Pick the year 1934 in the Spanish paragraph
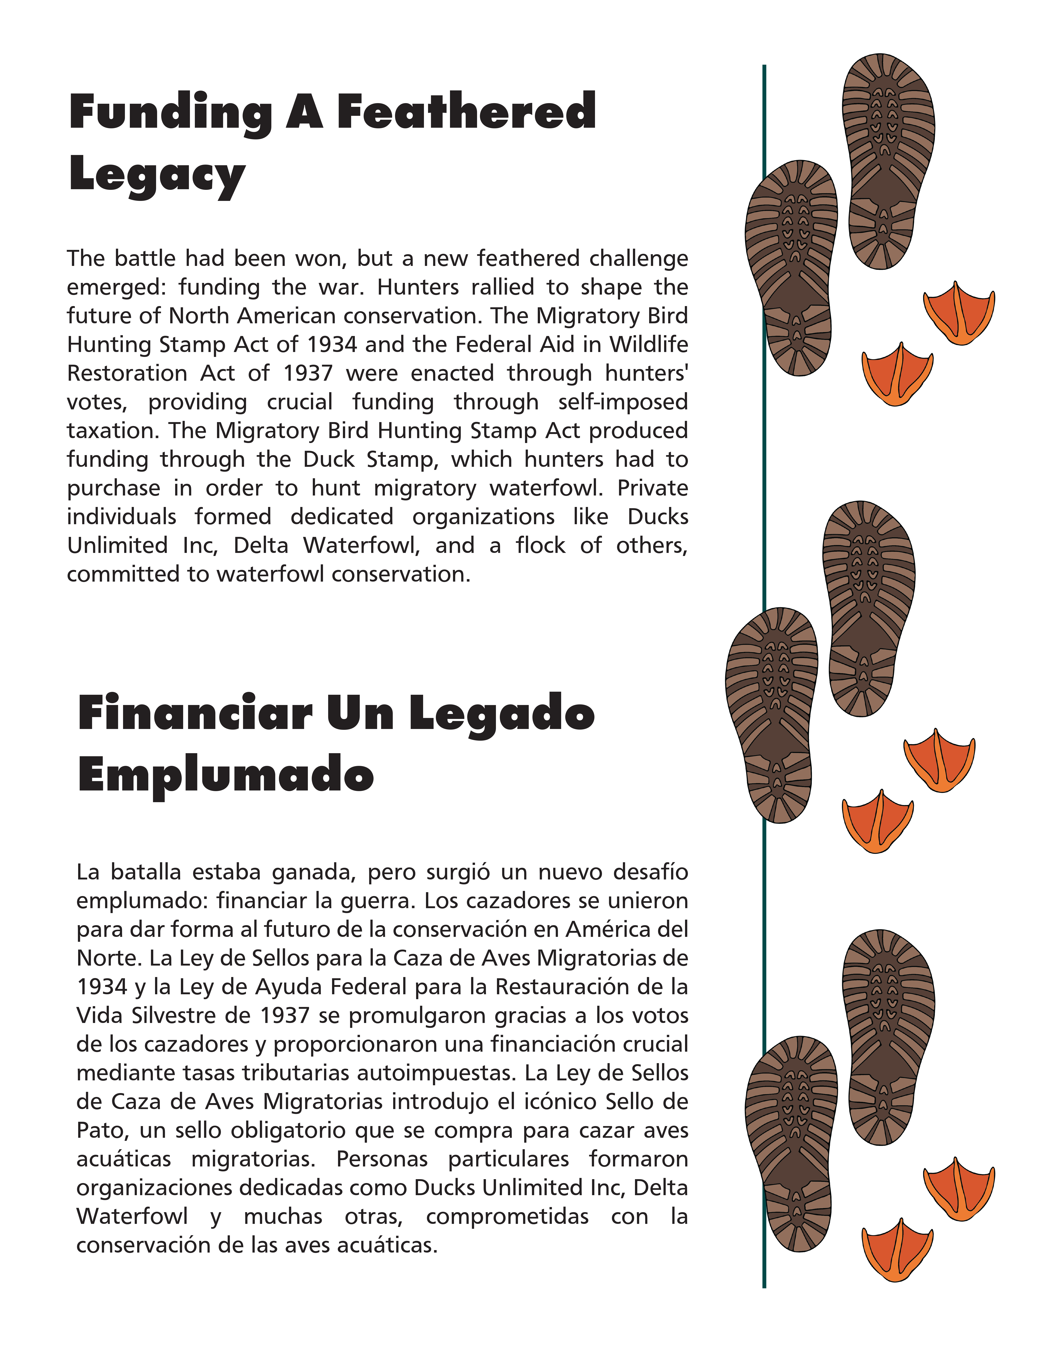pos(102,986)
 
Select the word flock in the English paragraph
pos(540,546)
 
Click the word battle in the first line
pos(146,258)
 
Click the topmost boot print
pos(888,161)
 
